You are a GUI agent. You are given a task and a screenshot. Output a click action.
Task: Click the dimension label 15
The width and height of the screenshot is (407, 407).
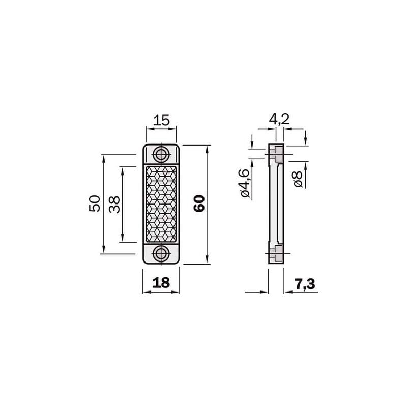click(x=161, y=120)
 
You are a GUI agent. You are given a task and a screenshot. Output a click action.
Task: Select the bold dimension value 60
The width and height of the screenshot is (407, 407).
click(x=199, y=204)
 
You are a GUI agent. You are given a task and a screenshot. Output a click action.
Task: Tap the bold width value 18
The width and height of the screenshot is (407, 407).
click(x=161, y=283)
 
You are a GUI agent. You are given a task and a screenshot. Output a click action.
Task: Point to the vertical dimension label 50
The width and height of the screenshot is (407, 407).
click(x=95, y=203)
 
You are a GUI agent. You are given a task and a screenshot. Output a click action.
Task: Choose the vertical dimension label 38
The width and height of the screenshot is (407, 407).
click(x=114, y=205)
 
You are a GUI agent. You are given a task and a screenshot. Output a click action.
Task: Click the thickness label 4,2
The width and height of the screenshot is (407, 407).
click(x=279, y=119)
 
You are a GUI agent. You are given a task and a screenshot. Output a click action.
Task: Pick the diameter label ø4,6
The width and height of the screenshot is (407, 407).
click(x=245, y=183)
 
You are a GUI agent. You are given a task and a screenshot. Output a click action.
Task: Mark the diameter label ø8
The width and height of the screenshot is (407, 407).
click(x=298, y=179)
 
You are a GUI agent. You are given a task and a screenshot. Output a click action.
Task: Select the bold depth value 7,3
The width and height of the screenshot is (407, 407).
click(x=305, y=284)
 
